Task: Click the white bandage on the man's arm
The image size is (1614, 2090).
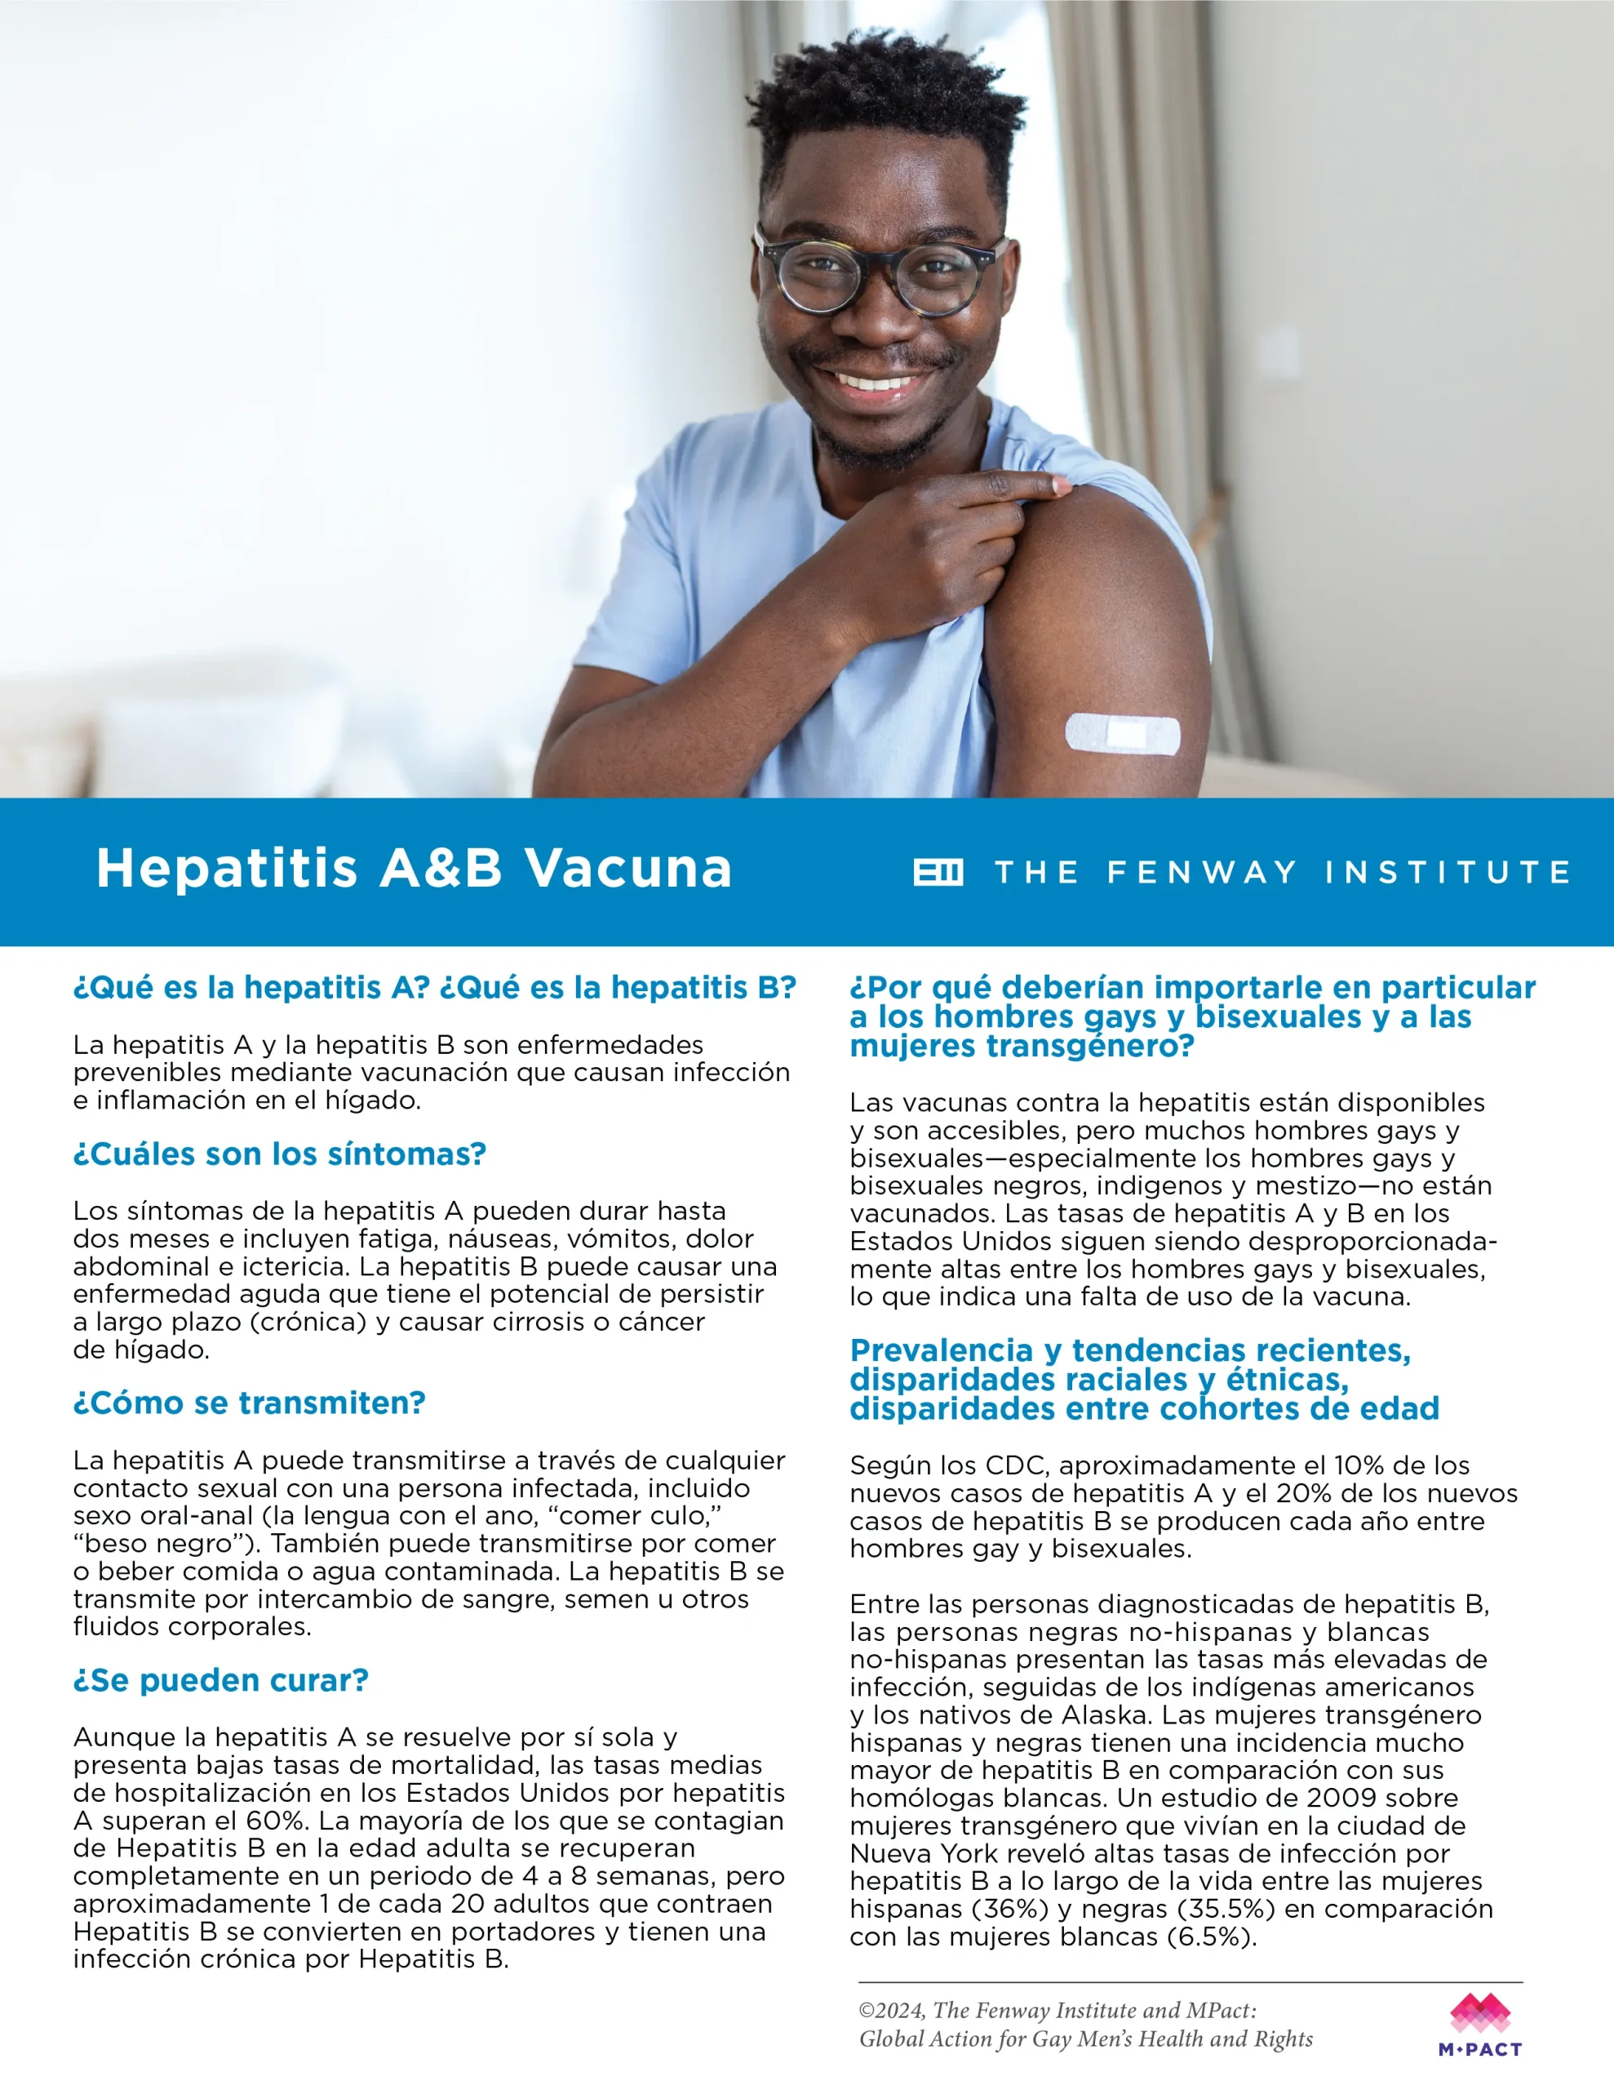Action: (x=1122, y=734)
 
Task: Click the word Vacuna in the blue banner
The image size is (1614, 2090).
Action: (x=627, y=869)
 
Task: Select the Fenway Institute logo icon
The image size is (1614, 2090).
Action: (x=938, y=872)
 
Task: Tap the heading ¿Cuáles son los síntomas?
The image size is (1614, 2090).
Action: (x=279, y=1154)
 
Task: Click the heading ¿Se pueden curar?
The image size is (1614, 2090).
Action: (x=221, y=1680)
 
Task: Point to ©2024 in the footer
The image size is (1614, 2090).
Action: (x=892, y=2011)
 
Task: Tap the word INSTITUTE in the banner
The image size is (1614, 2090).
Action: (x=1447, y=872)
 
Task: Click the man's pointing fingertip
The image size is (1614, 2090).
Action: (x=1058, y=485)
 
